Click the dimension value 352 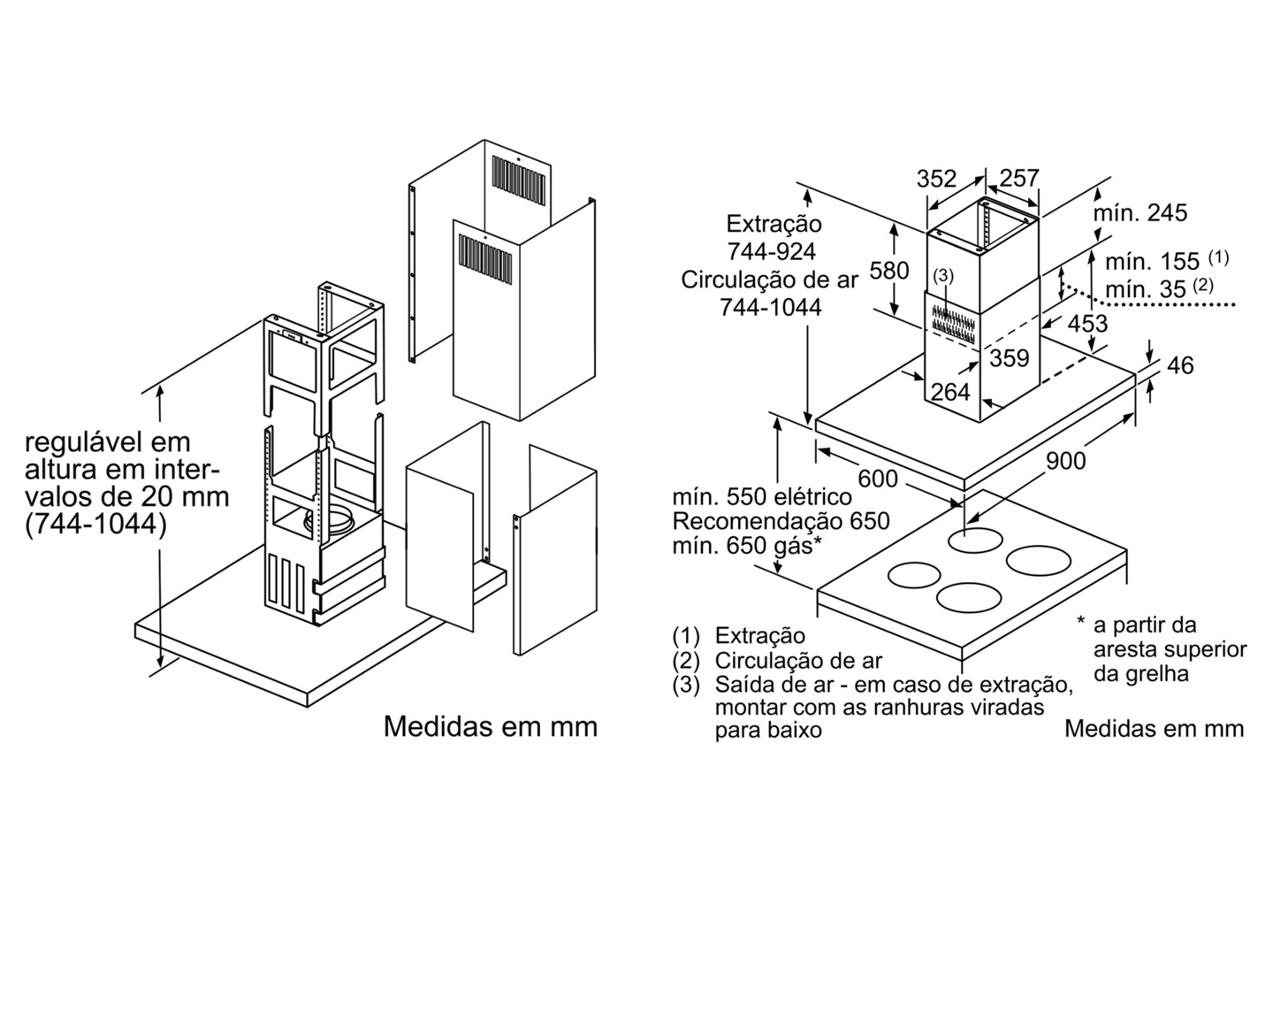pos(936,179)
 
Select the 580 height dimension pos(889,270)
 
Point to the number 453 pos(1086,324)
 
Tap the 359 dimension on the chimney pos(1009,357)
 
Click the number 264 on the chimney pos(950,391)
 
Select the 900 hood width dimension pos(1065,460)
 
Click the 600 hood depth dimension pos(878,479)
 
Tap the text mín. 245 pos(1140,212)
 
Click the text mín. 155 pos(1152,261)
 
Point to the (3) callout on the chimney pos(944,276)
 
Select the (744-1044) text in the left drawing pos(95,524)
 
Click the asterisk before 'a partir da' pos(1080,622)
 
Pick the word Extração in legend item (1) pos(760,635)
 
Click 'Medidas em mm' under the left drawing pos(491,726)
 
